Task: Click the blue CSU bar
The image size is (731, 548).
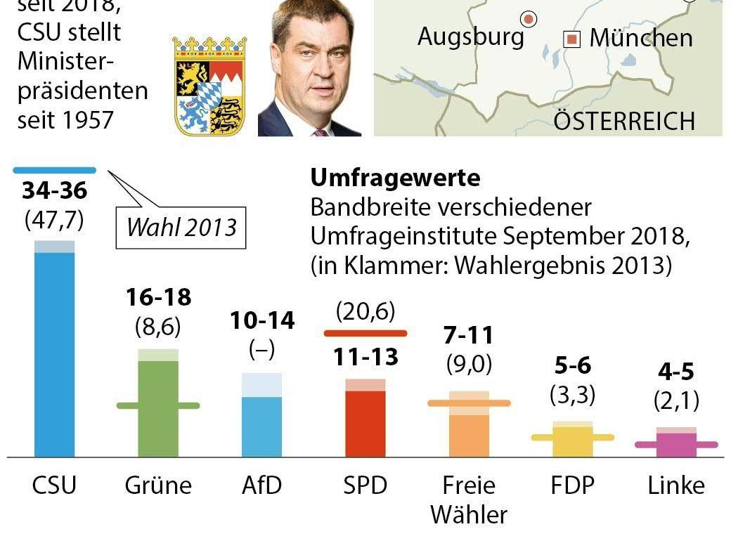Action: click(x=54, y=351)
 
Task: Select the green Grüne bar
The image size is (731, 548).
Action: click(x=158, y=407)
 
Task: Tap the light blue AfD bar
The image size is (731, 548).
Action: click(x=261, y=425)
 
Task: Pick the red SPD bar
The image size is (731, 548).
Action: click(x=365, y=422)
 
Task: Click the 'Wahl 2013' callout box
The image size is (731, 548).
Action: click(x=181, y=228)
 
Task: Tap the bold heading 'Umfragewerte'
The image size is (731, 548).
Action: click(x=395, y=178)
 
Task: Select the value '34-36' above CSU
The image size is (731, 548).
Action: click(x=54, y=190)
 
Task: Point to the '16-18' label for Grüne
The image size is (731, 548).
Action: click(x=158, y=297)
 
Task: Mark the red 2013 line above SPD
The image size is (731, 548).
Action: click(x=365, y=333)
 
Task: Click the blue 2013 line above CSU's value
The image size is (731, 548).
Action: click(x=54, y=169)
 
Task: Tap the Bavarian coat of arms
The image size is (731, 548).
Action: click(x=209, y=86)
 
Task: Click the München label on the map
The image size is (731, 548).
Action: click(x=640, y=38)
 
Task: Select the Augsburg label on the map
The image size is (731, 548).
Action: click(x=470, y=36)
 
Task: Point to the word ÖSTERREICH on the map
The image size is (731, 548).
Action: click(x=623, y=121)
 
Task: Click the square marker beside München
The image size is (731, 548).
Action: click(x=574, y=39)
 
